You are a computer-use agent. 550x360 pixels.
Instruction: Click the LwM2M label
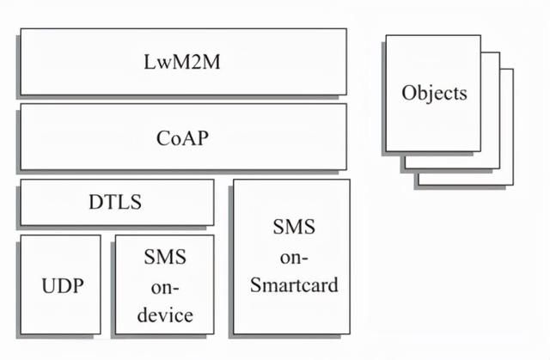coord(182,62)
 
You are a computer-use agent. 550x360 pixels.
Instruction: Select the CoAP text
coord(182,138)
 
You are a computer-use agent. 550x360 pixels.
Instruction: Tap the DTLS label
coord(115,202)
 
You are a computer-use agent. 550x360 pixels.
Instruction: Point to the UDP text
coord(63,286)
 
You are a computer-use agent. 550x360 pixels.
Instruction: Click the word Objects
coord(434,94)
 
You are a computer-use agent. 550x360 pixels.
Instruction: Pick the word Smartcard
coord(294,284)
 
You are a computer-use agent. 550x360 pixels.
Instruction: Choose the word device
coord(165,314)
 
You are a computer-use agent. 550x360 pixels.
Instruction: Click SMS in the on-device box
coord(165,257)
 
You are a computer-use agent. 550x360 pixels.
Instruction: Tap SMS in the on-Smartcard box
coord(294,227)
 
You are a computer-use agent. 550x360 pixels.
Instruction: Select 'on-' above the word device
coord(165,288)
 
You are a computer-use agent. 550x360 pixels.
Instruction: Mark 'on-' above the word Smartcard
coord(294,258)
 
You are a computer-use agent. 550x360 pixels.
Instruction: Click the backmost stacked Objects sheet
coord(507,126)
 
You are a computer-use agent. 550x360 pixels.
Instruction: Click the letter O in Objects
coord(408,93)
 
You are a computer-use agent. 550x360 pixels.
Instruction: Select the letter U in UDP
coord(48,286)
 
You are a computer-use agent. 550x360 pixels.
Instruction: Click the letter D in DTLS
coord(96,202)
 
